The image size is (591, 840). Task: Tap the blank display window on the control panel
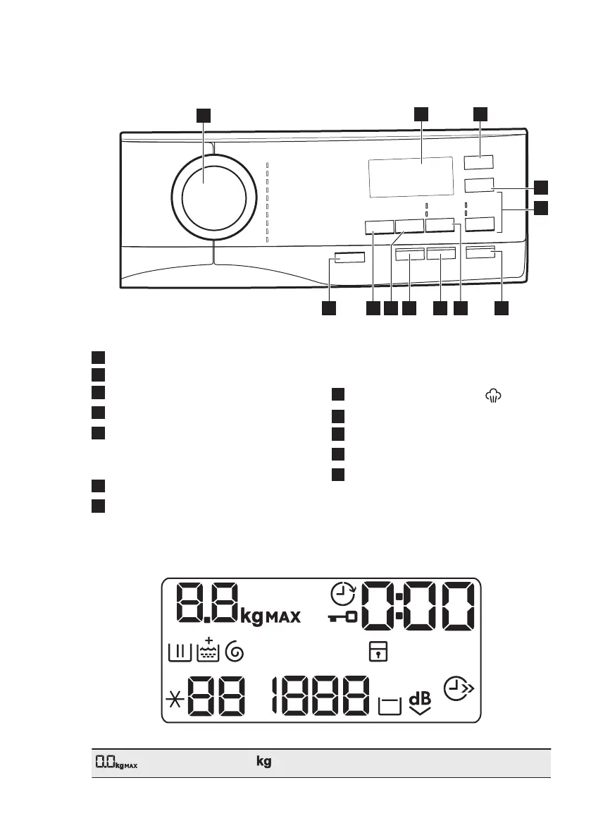tap(410, 177)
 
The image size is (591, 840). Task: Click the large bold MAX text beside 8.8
tap(282, 618)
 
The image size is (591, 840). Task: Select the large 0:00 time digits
tap(418, 607)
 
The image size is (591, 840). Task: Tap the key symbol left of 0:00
tap(343, 617)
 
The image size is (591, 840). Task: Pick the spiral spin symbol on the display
tap(235, 654)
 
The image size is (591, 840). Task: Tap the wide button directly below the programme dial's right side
tap(349, 260)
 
